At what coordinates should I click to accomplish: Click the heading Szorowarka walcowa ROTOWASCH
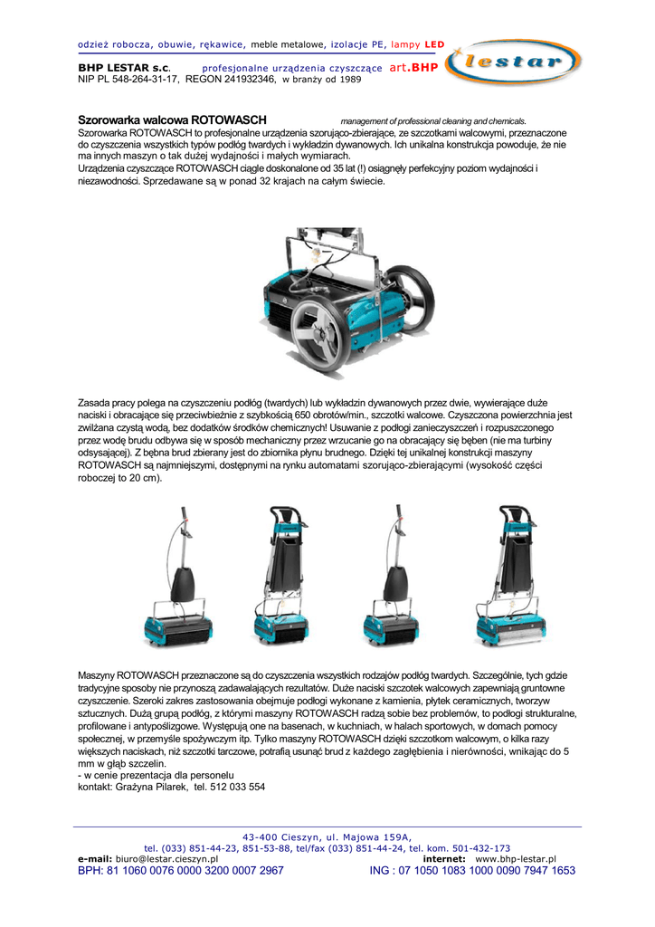tap(172, 119)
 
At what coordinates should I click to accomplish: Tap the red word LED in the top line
tap(435, 43)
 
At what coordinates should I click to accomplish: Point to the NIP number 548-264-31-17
tap(140, 79)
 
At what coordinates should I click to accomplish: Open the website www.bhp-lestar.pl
tap(515, 859)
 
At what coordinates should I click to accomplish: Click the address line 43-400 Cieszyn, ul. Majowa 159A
tap(327, 836)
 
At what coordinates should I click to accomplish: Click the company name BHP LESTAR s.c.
tap(123, 68)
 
